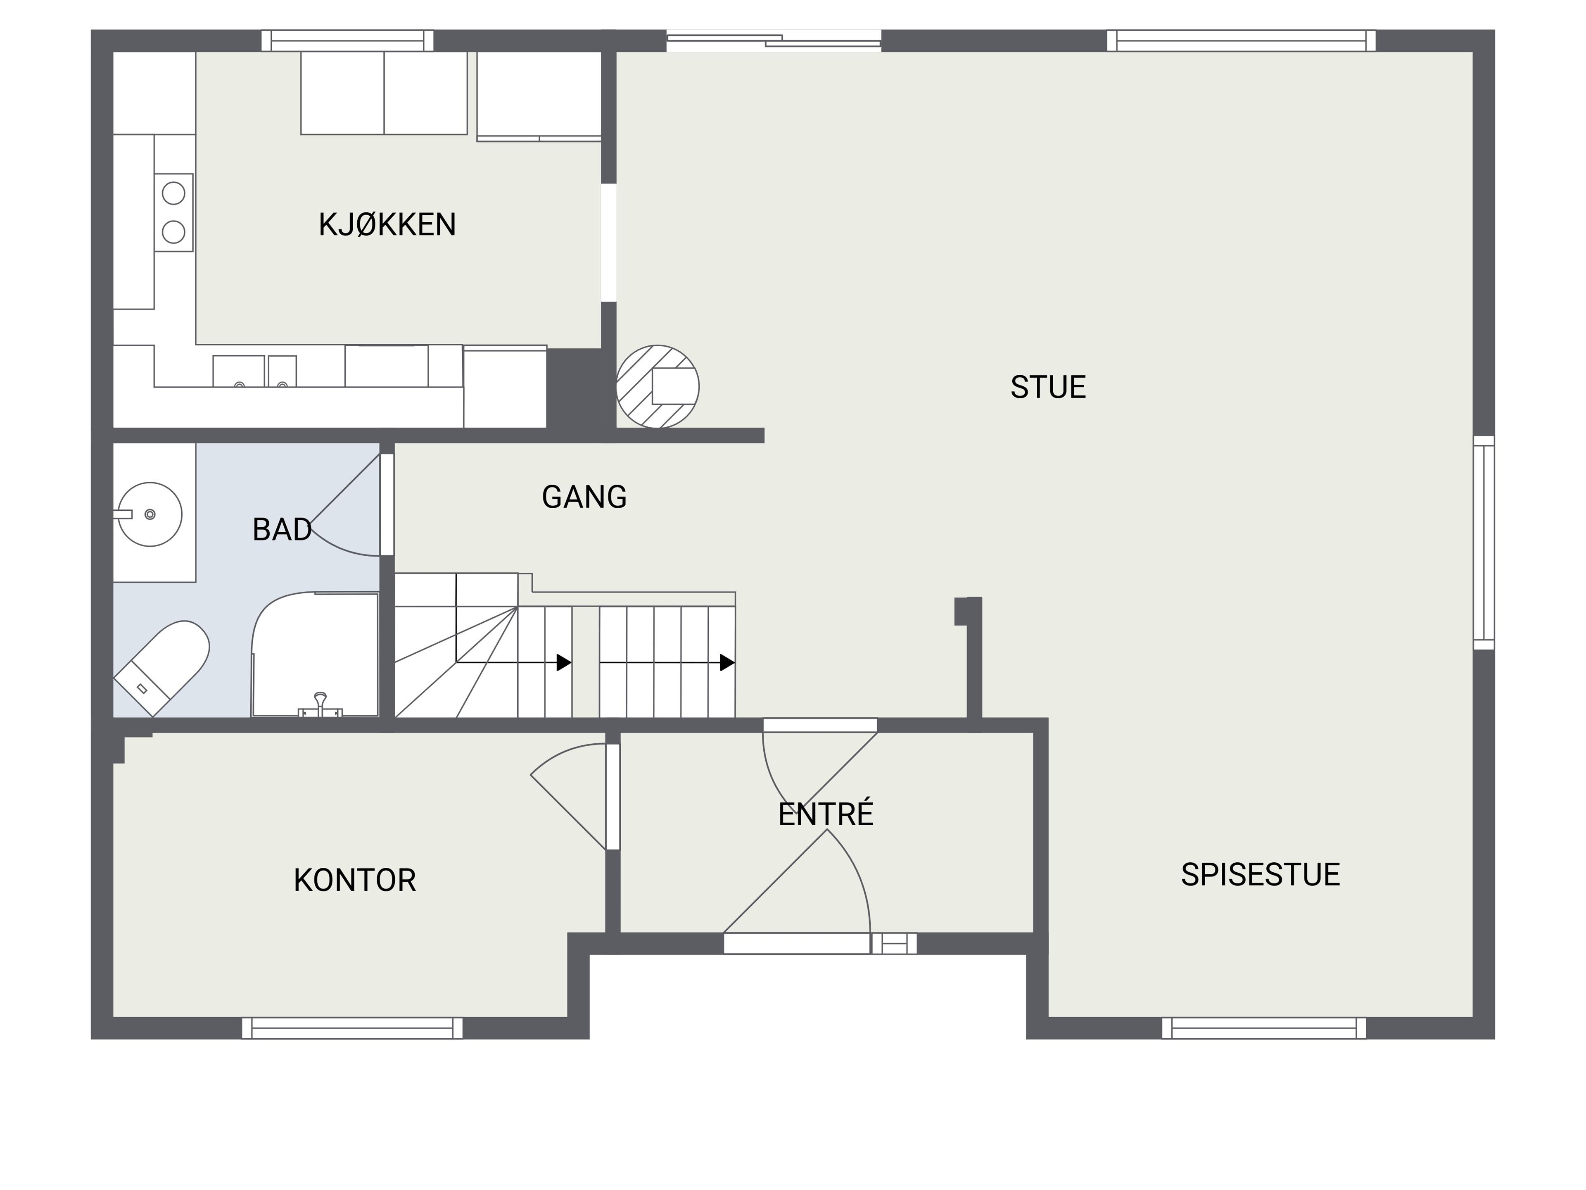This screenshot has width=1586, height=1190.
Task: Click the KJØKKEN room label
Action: tap(387, 224)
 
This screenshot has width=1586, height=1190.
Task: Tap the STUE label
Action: tap(1048, 387)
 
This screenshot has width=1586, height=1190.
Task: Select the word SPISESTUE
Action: tap(1261, 874)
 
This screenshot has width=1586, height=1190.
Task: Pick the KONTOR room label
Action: tap(355, 880)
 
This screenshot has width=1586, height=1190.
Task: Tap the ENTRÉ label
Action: tap(826, 814)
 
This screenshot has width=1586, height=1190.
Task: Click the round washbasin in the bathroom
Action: tap(150, 514)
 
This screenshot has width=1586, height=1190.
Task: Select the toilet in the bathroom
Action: tap(162, 667)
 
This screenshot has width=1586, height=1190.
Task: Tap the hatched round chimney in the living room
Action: tap(658, 387)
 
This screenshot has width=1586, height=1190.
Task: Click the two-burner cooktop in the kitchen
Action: tap(173, 212)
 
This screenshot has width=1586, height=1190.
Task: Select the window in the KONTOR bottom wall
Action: tap(352, 1028)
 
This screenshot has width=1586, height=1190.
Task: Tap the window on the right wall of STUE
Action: tap(1484, 543)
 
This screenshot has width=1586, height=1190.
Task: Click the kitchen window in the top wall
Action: tap(348, 40)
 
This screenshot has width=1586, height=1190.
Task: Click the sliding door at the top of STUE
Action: tap(774, 40)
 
